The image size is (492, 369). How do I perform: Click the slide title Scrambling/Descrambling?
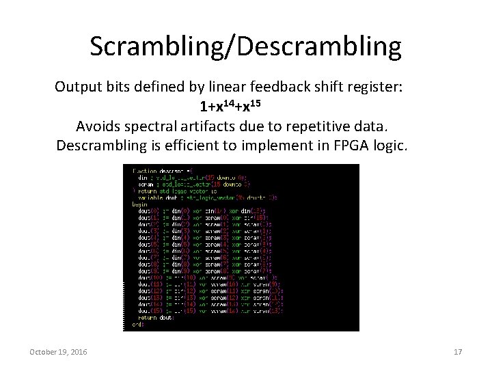[245, 46]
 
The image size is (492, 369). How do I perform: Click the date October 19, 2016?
[58, 351]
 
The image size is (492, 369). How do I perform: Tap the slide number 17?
[458, 351]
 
